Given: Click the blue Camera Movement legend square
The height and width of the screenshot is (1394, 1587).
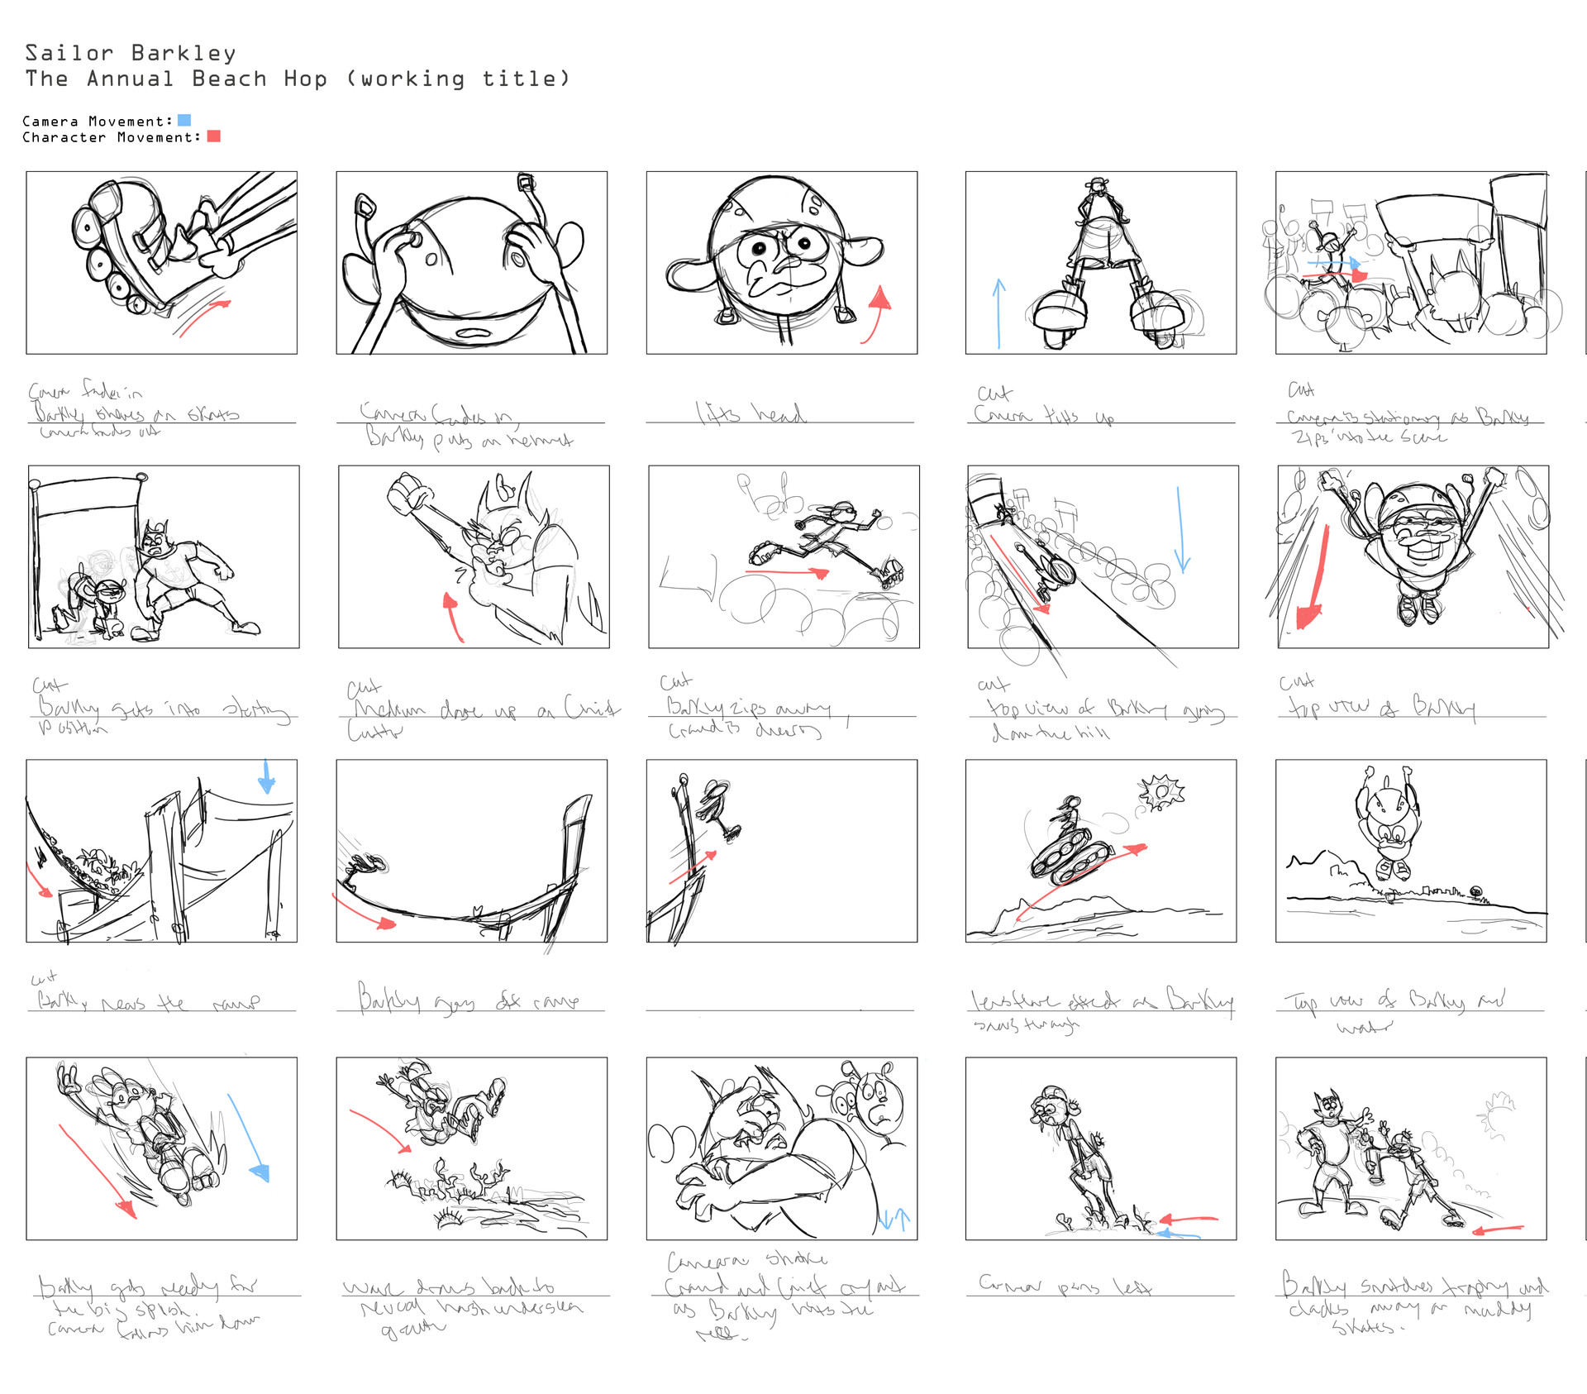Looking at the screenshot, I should click(184, 121).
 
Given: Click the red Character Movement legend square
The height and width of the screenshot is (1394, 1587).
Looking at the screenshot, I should click(214, 136).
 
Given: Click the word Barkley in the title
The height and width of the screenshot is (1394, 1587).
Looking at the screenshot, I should click(183, 53).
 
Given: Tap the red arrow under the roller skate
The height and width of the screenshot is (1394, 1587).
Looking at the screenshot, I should click(203, 317).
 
